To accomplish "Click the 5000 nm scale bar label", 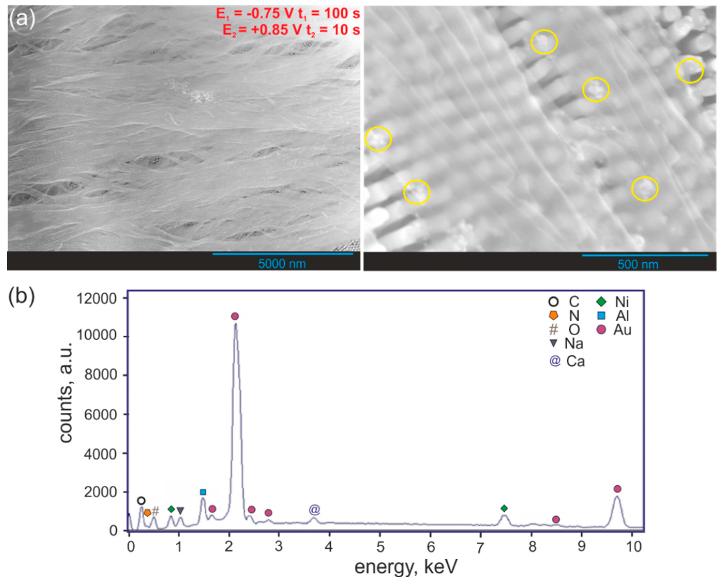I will pos(282,264).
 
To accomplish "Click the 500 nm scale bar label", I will pos(638,264).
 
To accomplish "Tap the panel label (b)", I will pos(21,297).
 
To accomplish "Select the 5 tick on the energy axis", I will pos(380,547).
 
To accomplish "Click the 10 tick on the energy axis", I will pos(633,547).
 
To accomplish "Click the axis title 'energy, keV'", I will pos(406,567).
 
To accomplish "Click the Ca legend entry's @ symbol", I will pos(555,361).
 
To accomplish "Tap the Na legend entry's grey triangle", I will pos(553,343).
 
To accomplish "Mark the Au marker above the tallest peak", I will pos(235,316).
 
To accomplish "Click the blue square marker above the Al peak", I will pos(203,492).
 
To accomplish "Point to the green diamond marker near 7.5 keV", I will pos(504,509).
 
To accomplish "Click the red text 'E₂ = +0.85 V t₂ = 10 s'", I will pos(291,30).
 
